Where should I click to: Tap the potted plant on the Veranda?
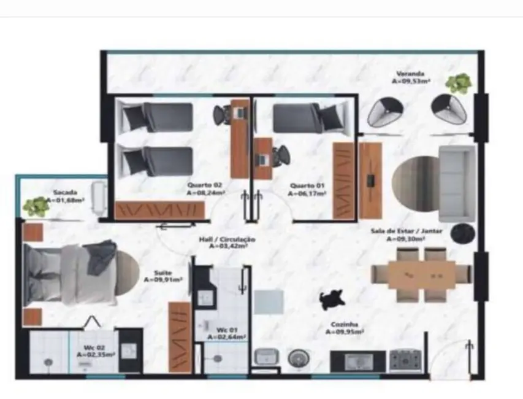pyautogui.click(x=458, y=83)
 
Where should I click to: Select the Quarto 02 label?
pyautogui.click(x=205, y=187)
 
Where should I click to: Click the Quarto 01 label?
pyautogui.click(x=307, y=187)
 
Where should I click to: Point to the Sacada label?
pyautogui.click(x=66, y=195)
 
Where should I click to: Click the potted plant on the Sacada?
pyautogui.click(x=36, y=207)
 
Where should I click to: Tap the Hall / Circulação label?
pyautogui.click(x=227, y=242)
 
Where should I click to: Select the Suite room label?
pyautogui.click(x=162, y=276)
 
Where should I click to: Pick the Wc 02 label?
pyautogui.click(x=89, y=350)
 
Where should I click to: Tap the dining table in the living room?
pyautogui.click(x=421, y=274)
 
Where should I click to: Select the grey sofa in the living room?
pyautogui.click(x=456, y=183)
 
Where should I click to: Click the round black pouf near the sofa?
pyautogui.click(x=462, y=233)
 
